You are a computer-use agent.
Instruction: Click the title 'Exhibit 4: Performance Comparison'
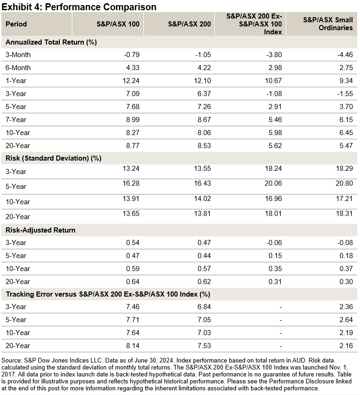tap(79, 7)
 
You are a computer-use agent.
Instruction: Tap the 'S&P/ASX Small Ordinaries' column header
tap(328, 24)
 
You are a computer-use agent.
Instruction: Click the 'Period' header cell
tap(16, 24)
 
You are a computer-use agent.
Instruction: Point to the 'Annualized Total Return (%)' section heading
tap(51, 42)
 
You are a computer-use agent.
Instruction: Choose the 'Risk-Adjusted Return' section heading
tap(40, 230)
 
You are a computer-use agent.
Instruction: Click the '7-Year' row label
tap(18, 120)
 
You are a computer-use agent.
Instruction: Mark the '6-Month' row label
tap(18, 68)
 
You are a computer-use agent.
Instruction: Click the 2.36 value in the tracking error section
tap(346, 306)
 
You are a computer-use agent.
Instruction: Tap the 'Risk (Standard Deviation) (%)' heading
tap(53, 158)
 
